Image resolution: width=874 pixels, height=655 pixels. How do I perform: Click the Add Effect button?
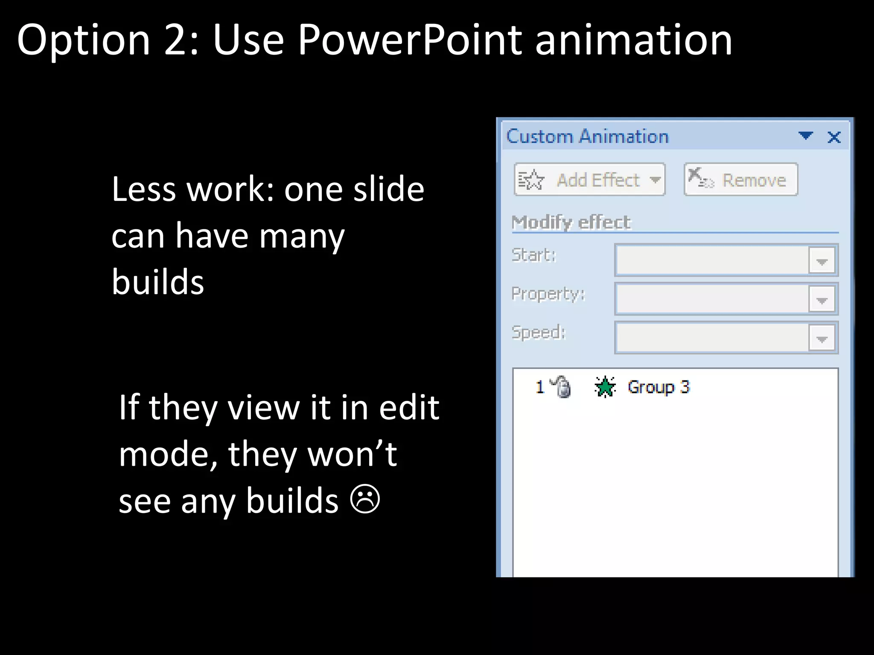[x=589, y=180]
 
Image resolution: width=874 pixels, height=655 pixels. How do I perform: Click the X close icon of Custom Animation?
[x=834, y=137]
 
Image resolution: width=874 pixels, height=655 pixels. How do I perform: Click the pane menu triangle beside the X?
[x=805, y=136]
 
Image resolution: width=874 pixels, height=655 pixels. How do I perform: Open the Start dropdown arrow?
[x=822, y=261]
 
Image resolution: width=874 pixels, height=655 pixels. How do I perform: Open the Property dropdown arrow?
[x=822, y=300]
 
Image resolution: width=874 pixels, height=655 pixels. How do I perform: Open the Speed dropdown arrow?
[x=822, y=339]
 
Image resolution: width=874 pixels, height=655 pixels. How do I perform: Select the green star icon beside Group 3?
[x=605, y=387]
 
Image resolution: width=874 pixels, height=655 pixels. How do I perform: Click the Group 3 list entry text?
[x=658, y=387]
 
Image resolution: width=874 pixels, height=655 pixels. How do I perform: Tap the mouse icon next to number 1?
[x=562, y=387]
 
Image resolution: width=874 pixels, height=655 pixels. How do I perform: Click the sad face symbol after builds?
[x=365, y=499]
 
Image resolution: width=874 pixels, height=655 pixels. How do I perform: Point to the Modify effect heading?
[x=571, y=222]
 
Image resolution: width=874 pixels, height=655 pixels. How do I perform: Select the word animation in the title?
[x=633, y=40]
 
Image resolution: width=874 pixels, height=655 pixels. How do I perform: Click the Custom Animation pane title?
[x=587, y=136]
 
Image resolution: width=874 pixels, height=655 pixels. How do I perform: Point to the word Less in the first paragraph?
[x=143, y=189]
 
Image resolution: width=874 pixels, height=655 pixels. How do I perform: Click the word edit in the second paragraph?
[x=409, y=408]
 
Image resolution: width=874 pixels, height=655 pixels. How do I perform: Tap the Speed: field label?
[x=538, y=332]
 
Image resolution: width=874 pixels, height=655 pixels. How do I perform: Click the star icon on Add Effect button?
[x=531, y=180]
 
